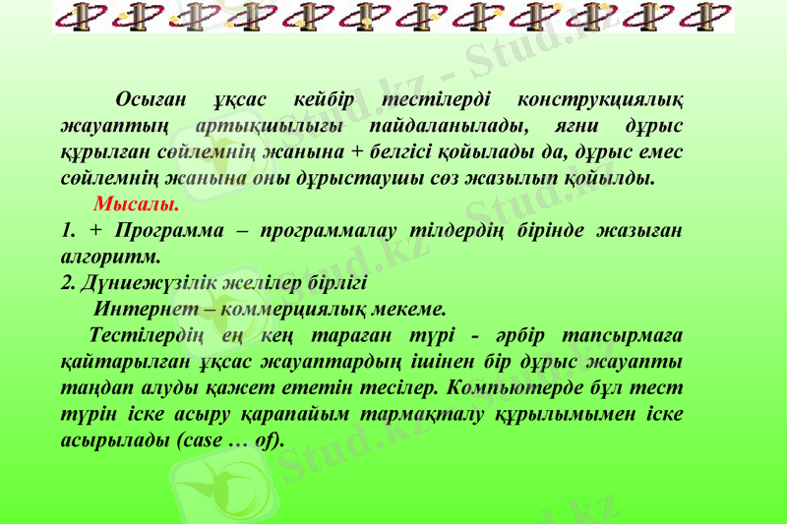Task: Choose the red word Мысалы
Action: [137, 206]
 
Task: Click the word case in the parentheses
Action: [202, 439]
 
